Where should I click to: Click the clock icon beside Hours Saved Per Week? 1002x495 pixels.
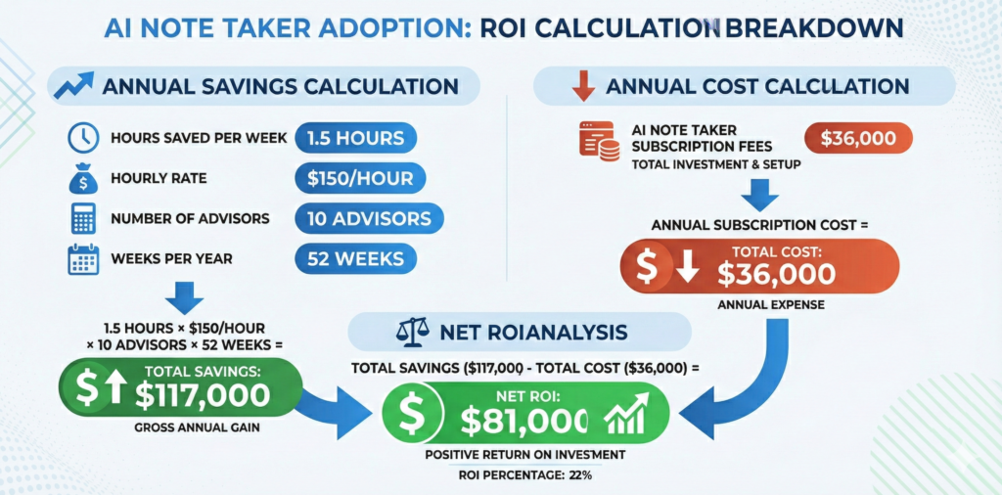[x=80, y=138]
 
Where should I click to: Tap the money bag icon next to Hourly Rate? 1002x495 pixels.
[x=80, y=179]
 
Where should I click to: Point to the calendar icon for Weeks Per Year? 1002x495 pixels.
[x=80, y=258]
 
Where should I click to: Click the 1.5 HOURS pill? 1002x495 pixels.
[x=355, y=138]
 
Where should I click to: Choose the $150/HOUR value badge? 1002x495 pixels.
[x=360, y=178]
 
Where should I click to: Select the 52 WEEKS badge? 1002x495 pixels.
[x=354, y=258]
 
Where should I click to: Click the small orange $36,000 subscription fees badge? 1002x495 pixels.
[x=858, y=138]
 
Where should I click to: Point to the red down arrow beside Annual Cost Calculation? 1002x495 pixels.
[x=583, y=87]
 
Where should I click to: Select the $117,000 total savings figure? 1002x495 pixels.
[x=203, y=393]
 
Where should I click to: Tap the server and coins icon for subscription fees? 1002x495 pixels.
[x=598, y=143]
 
